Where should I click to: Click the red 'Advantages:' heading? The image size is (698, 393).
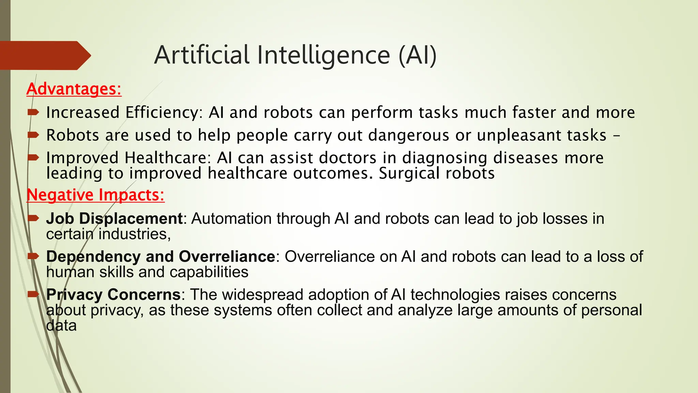74,89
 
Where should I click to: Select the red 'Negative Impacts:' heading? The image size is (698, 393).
95,195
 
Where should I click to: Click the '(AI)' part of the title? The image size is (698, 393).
418,55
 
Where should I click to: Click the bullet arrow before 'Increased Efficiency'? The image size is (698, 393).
33,112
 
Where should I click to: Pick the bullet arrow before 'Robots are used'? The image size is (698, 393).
33,135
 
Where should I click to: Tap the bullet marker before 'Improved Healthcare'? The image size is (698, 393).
33,157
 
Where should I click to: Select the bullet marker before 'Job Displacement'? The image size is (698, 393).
33,218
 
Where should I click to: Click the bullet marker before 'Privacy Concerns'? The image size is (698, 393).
33,294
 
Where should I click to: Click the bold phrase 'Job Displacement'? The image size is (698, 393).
115,219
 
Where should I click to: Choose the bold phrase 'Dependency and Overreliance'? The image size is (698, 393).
161,257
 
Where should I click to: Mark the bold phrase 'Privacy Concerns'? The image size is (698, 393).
113,295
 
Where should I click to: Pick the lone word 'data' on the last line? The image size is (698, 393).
61,325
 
